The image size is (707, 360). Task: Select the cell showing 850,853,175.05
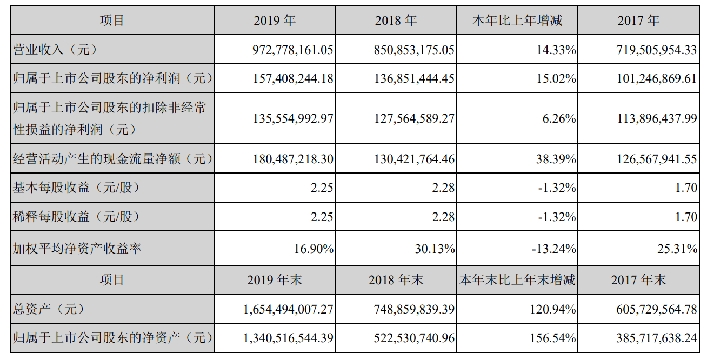[x=414, y=50]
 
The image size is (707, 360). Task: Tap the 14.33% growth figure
[x=557, y=50]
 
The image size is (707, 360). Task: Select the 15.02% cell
[x=557, y=79]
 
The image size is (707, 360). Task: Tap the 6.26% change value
[x=561, y=119]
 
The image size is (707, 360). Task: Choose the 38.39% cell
[x=557, y=159]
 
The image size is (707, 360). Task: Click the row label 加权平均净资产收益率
[x=77, y=248]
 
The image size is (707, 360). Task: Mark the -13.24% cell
[x=554, y=248]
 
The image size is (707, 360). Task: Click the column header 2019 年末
[x=275, y=279]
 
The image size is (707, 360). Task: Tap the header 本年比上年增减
[x=517, y=21]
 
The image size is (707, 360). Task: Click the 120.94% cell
[x=554, y=310]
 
